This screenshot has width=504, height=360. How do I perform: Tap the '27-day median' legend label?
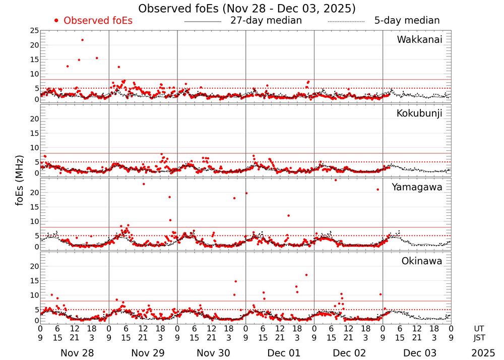(x=266, y=21)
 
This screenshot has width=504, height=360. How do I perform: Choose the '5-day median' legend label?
(x=407, y=21)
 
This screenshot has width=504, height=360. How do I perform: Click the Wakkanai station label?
(x=419, y=40)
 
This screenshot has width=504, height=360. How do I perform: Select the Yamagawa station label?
(x=417, y=187)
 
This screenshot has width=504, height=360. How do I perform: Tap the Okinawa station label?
(x=421, y=261)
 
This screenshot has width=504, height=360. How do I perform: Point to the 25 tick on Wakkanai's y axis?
(x=34, y=31)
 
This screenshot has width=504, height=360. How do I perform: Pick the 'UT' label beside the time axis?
(x=479, y=327)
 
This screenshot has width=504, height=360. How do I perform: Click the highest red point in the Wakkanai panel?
(x=82, y=40)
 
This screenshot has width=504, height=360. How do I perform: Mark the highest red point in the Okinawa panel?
(x=306, y=275)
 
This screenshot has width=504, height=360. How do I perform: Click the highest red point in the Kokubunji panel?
(x=161, y=154)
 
